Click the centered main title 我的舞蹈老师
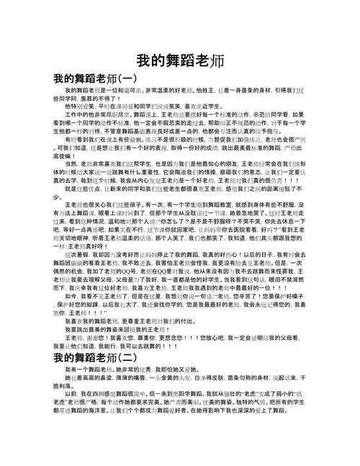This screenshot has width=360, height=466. [x=180, y=60]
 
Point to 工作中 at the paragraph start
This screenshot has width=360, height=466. [x=74, y=115]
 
